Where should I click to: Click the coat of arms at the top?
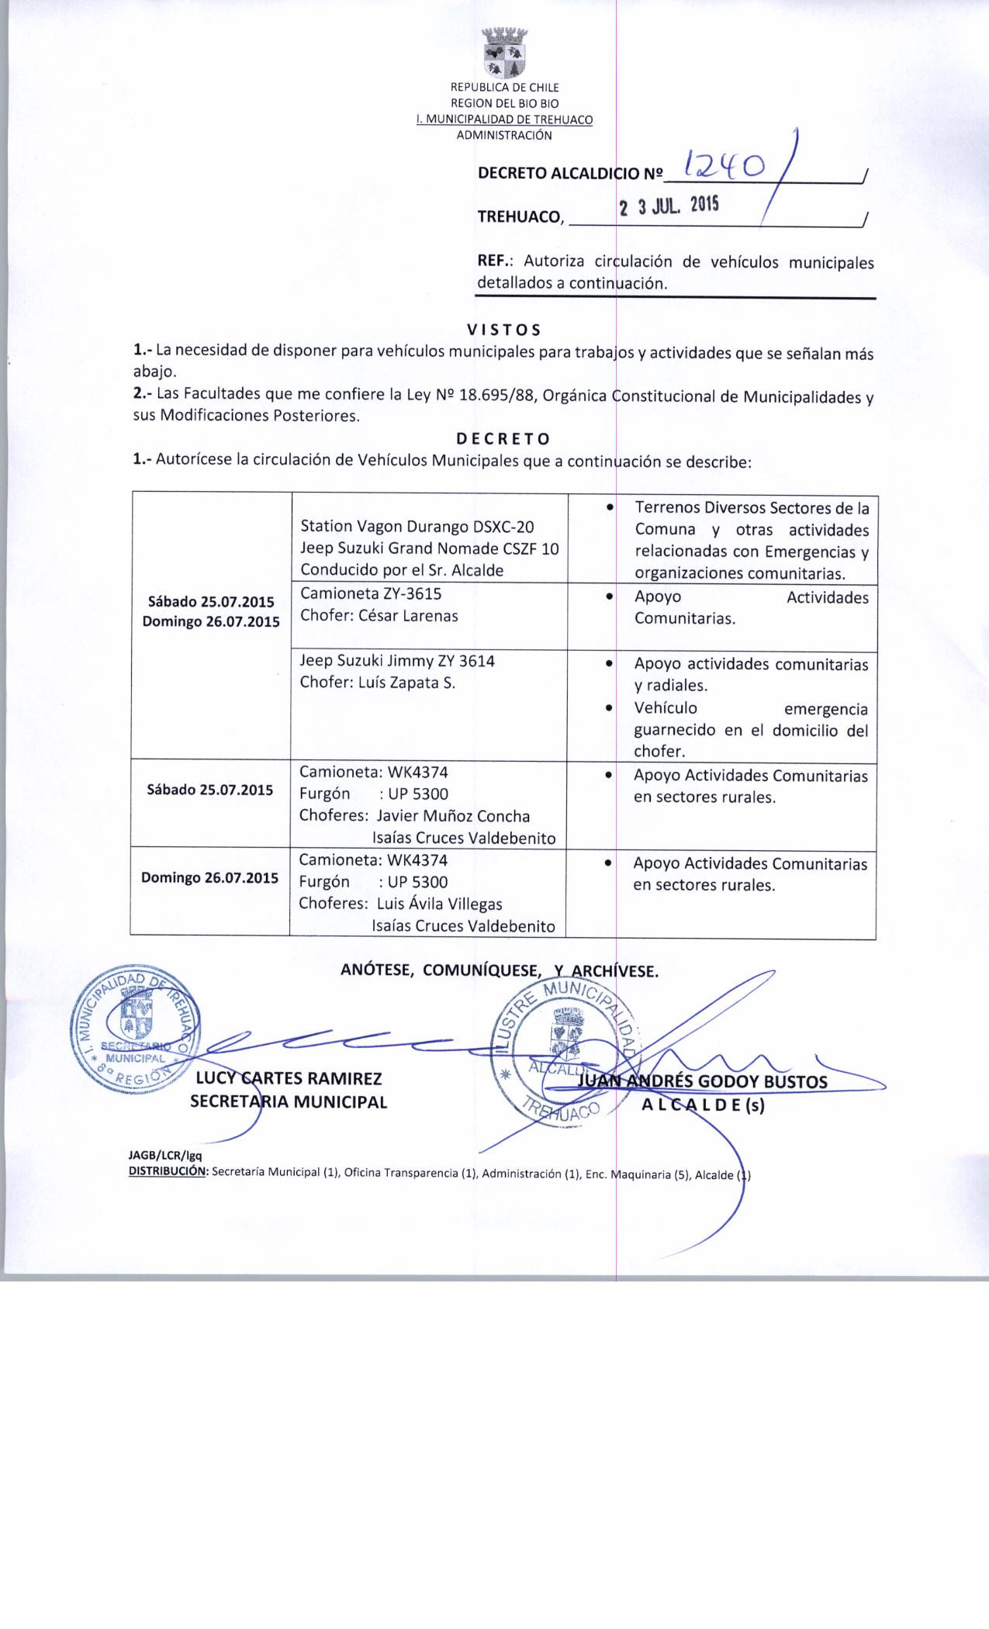504,54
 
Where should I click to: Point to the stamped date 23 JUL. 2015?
669,206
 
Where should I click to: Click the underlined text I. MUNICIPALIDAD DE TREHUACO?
504,120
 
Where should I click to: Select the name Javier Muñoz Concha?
453,816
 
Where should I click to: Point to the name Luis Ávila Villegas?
439,904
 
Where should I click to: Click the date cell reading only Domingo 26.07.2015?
209,878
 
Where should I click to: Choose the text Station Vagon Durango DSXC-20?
417,527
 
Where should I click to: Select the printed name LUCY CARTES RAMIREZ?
289,1079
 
